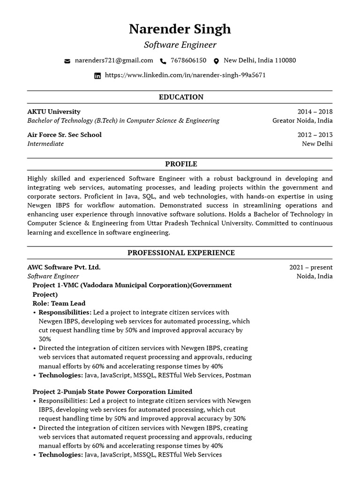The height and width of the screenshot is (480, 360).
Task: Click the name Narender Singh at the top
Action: coord(180,29)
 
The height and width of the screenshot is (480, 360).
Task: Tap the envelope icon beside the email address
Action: coord(67,61)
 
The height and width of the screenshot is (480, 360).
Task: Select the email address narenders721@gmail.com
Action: coord(114,60)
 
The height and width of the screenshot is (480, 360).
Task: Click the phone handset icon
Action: coord(163,61)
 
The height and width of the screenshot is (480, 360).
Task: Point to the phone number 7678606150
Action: coord(188,60)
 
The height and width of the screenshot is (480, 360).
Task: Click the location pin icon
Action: coord(216,61)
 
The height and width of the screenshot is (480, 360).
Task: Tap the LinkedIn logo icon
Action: coord(97,75)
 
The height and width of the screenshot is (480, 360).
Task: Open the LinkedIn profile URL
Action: coord(185,75)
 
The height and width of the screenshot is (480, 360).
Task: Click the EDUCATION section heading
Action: coord(181,97)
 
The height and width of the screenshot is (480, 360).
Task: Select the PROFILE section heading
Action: coord(181,164)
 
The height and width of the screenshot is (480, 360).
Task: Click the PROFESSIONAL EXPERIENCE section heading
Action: coord(181,253)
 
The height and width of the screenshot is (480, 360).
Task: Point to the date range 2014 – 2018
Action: coord(315,112)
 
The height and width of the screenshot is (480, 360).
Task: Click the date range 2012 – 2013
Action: coord(315,135)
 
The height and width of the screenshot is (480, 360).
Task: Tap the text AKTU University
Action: coord(54,112)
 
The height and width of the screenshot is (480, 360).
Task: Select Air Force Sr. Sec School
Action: coord(64,135)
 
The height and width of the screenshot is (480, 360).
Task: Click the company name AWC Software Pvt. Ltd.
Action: coord(64,267)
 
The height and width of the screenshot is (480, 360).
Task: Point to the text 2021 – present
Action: coord(311,267)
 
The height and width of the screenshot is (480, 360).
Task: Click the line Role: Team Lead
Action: coord(59,303)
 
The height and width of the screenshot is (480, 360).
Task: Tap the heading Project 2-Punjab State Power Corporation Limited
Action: coord(112,391)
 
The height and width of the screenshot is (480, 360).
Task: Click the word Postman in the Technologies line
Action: coord(238,375)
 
